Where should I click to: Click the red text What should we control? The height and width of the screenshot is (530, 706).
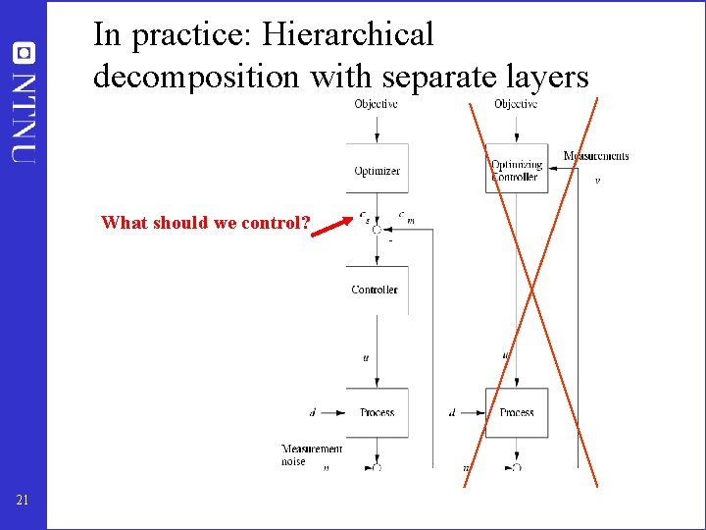(x=205, y=223)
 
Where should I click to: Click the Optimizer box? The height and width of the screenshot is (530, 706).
(x=377, y=170)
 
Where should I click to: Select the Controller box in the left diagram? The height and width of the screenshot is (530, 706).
(x=376, y=290)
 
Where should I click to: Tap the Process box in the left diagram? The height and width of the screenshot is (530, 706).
(x=377, y=412)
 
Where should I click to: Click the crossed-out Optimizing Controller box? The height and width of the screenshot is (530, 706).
(x=516, y=170)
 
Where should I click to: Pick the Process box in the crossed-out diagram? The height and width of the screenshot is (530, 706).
(x=516, y=412)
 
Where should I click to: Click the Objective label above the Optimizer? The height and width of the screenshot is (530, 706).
(x=377, y=104)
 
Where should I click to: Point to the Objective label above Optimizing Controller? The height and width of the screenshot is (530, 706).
(x=516, y=104)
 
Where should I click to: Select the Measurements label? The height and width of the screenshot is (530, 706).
(x=596, y=156)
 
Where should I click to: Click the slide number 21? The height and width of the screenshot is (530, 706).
(x=23, y=502)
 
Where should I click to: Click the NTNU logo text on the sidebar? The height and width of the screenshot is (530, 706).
(x=24, y=114)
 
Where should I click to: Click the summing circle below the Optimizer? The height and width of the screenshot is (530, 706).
(x=377, y=230)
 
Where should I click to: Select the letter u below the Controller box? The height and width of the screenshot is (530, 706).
(x=366, y=358)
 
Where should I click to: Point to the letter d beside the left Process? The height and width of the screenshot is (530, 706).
(x=312, y=413)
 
